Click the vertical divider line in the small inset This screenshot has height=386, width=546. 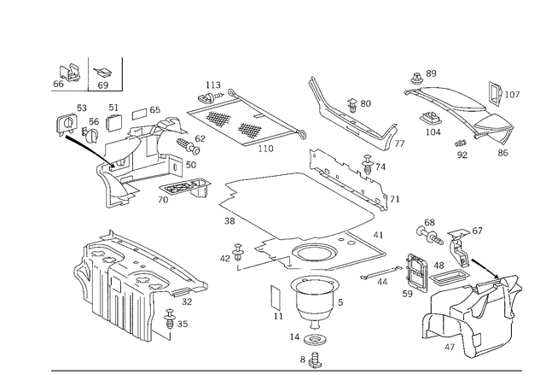91,74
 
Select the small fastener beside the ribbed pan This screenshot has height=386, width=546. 177,322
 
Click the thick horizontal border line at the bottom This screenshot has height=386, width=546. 290,371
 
